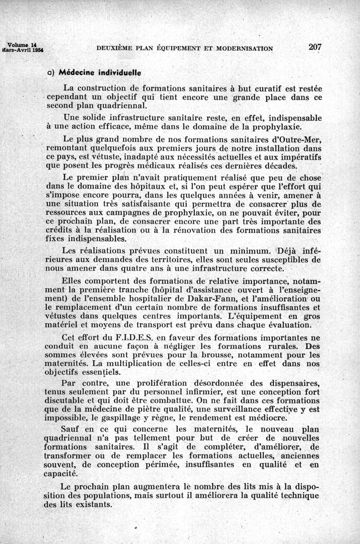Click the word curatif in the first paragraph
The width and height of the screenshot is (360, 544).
(248, 88)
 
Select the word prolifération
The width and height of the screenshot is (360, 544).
(168, 383)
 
